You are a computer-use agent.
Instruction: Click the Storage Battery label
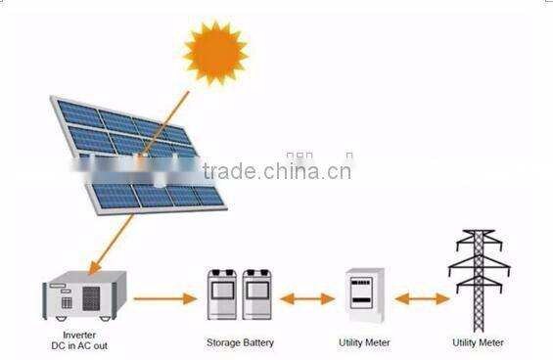(x=240, y=342)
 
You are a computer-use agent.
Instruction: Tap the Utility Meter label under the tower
(x=478, y=342)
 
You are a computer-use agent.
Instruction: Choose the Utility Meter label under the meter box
(x=365, y=342)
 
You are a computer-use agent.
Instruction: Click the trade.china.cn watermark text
(x=277, y=172)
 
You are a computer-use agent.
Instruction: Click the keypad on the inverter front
(x=66, y=301)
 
